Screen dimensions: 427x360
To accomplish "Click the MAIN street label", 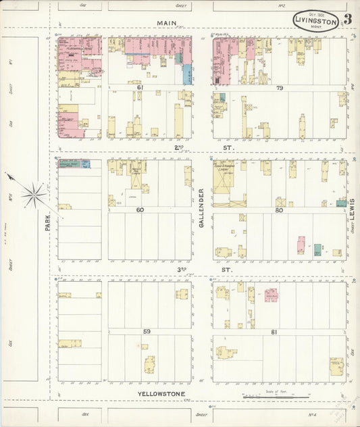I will pyautogui.click(x=166, y=23).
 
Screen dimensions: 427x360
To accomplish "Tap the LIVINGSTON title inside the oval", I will pyautogui.click(x=315, y=22).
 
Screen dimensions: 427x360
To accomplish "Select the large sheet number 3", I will pyautogui.click(x=347, y=20).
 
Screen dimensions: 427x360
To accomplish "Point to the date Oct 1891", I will pyautogui.click(x=316, y=14).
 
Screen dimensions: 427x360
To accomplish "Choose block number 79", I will pyautogui.click(x=279, y=88).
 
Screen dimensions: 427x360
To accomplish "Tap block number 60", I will pyautogui.click(x=140, y=210).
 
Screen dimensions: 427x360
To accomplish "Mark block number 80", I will pyautogui.click(x=279, y=210).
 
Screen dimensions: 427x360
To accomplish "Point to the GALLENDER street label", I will pyautogui.click(x=202, y=207).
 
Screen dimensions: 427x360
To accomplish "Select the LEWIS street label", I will pyautogui.click(x=353, y=210).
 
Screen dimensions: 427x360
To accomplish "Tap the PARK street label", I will pyautogui.click(x=48, y=224).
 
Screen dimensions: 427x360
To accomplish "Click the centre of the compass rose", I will pyautogui.click(x=32, y=196).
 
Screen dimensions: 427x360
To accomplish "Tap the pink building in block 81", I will pyautogui.click(x=271, y=295).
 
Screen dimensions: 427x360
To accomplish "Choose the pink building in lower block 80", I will pyautogui.click(x=301, y=244).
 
